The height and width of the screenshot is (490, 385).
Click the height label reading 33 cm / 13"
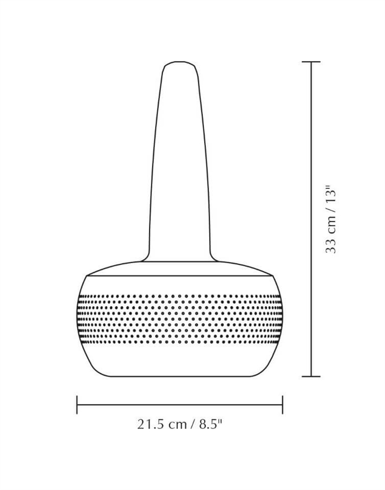pos(330,219)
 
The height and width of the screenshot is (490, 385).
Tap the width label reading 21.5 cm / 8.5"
pos(180,424)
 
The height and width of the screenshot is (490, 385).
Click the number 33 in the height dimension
pos(330,246)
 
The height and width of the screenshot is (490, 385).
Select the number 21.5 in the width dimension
pos(151,424)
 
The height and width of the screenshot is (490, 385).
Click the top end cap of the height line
pos(311,62)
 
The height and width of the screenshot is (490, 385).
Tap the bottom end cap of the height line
pos(311,376)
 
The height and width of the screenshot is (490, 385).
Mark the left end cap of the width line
pos(77,405)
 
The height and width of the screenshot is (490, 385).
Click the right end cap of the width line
pos(282,405)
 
